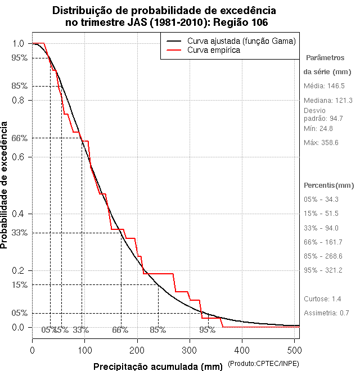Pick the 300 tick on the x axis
point(190,350)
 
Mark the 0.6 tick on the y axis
point(18,157)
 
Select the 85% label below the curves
point(157,330)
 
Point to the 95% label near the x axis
point(208,330)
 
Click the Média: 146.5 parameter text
point(324,86)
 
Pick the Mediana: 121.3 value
point(328,100)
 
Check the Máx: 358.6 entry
point(321,143)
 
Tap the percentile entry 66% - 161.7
point(323,242)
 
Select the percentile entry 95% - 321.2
point(323,270)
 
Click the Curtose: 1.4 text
point(322,298)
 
